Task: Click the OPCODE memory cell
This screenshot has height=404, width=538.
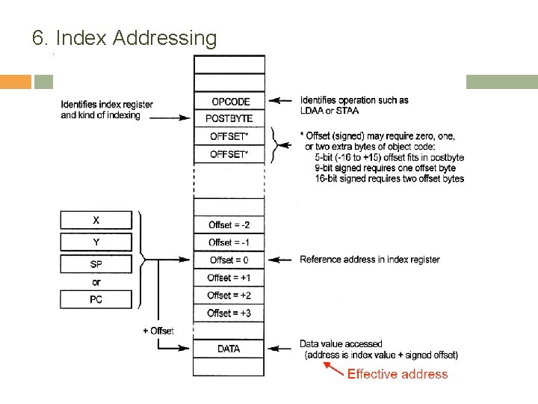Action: pyautogui.click(x=229, y=101)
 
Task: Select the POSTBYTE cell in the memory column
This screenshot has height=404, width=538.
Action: pyautogui.click(x=229, y=118)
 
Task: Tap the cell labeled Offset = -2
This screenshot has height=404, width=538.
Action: pyautogui.click(x=229, y=224)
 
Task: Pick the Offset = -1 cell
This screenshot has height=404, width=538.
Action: pyautogui.click(x=229, y=242)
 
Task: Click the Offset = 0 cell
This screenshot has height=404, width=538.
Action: pyautogui.click(x=229, y=260)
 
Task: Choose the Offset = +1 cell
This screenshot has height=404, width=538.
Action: pyautogui.click(x=229, y=278)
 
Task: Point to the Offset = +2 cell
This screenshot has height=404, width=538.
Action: pyautogui.click(x=229, y=296)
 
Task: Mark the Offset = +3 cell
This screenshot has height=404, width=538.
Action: pyautogui.click(x=229, y=313)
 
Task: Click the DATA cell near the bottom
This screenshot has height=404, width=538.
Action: pyautogui.click(x=229, y=349)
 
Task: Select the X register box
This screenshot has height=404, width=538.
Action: pyautogui.click(x=96, y=220)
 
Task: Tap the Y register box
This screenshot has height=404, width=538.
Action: pyautogui.click(x=96, y=242)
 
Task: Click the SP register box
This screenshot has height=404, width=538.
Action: pyautogui.click(x=96, y=264)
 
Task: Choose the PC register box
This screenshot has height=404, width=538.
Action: pyautogui.click(x=96, y=299)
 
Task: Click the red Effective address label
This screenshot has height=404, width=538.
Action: pyautogui.click(x=398, y=374)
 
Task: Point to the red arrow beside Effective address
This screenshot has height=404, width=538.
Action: pyautogui.click(x=333, y=368)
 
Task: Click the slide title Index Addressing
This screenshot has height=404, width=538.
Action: pyautogui.click(x=125, y=37)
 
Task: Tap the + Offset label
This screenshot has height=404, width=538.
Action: pyautogui.click(x=158, y=331)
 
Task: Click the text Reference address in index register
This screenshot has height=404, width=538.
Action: pyautogui.click(x=370, y=260)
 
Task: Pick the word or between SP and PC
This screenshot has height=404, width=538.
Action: pyautogui.click(x=96, y=282)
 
